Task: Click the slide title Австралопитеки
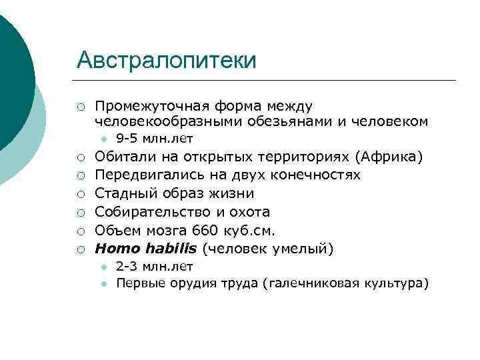pos(166,61)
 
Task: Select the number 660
pos(205,231)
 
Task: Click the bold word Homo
pos(114,250)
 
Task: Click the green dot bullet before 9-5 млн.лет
pos(104,139)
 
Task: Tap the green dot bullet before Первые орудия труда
pos(104,284)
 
